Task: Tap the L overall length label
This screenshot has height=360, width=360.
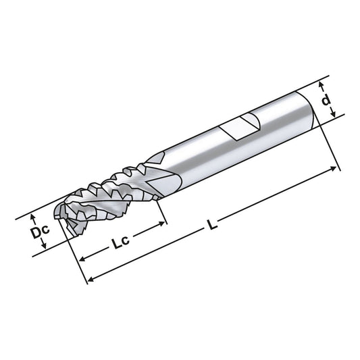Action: click(213, 227)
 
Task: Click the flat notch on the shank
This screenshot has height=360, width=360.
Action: click(242, 126)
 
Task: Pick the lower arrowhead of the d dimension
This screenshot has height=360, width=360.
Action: click(334, 118)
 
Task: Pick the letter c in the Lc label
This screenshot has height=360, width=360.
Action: click(128, 244)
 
